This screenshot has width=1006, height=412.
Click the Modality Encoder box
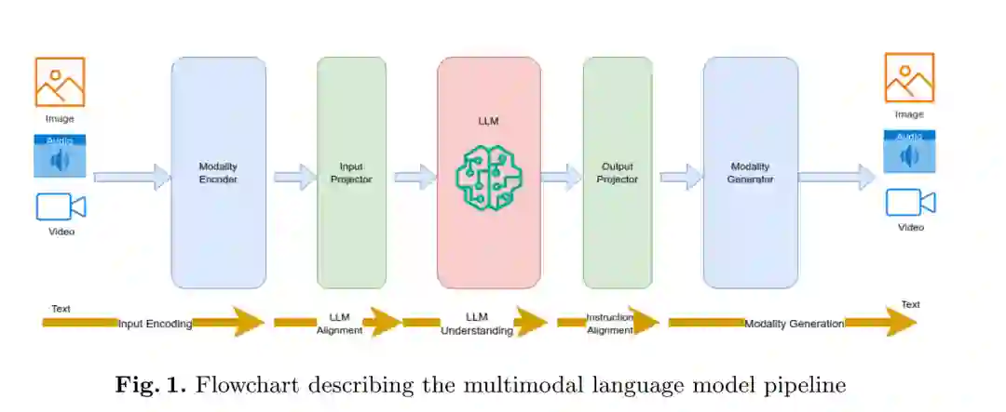point(218,173)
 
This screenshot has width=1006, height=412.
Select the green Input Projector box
point(351,173)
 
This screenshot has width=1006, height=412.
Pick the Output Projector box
point(617,173)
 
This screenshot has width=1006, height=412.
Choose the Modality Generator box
point(750,173)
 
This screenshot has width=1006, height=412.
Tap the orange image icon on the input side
point(60,82)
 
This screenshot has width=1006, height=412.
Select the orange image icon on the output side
point(909,77)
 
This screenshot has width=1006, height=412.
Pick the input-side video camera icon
point(61,206)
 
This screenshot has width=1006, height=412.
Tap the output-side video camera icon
point(910,202)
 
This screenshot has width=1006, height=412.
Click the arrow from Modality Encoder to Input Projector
point(293,177)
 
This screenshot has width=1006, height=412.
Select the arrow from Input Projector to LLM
point(415,177)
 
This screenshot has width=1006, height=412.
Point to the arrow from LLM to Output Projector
point(561,177)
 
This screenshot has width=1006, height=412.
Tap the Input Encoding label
point(155,324)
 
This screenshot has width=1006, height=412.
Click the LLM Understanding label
point(476,324)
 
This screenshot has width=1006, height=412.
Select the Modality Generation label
point(794,324)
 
